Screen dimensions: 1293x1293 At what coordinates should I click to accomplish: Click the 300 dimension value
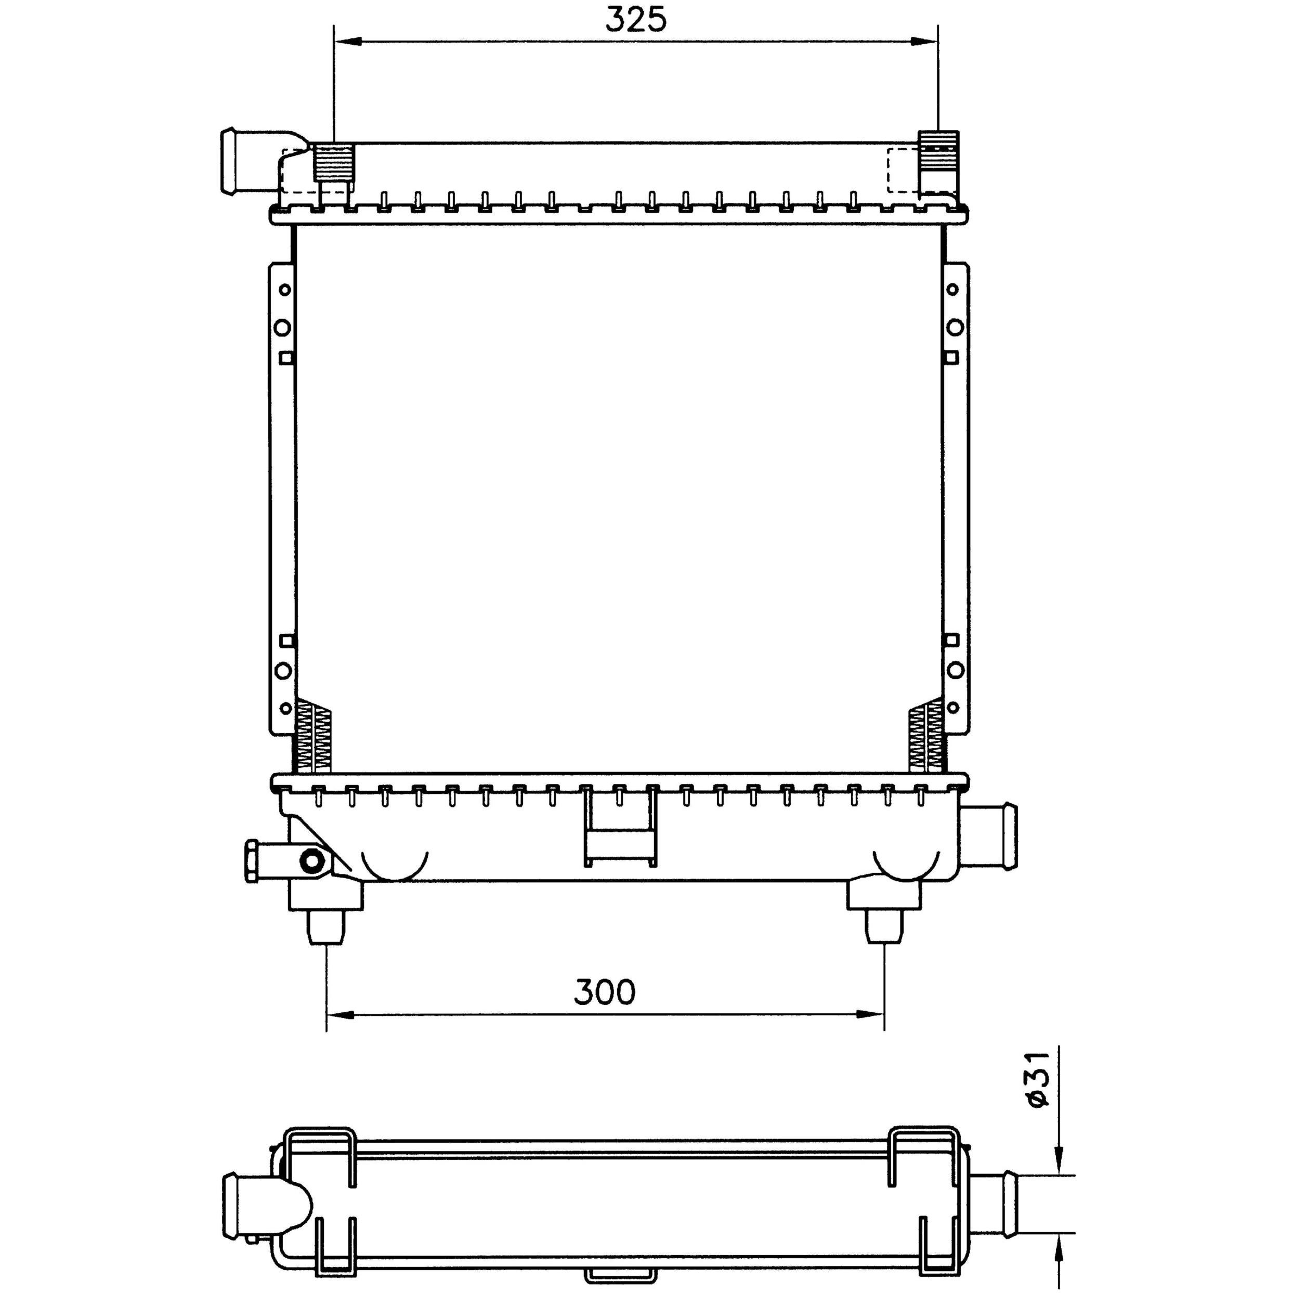[604, 992]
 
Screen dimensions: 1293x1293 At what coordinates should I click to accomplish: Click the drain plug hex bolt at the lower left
[252, 860]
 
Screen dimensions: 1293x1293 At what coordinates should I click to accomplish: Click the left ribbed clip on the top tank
[333, 163]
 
